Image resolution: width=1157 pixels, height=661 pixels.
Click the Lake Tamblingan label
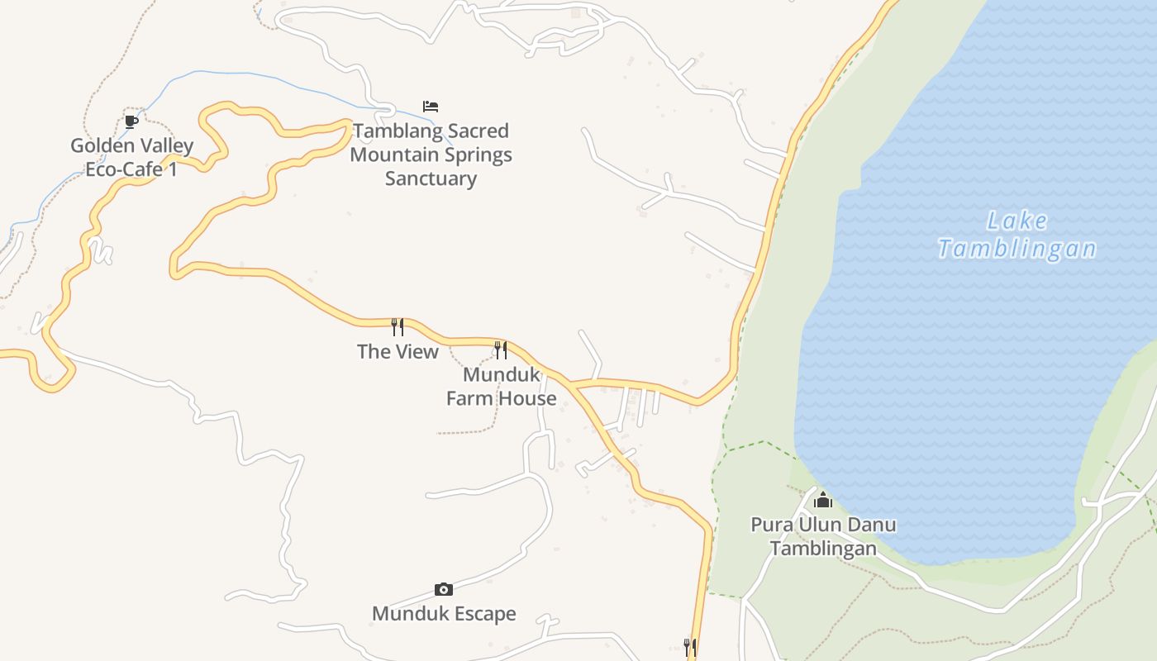pyautogui.click(x=1017, y=235)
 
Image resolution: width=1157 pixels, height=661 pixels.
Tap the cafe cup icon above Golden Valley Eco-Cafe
pyautogui.click(x=131, y=121)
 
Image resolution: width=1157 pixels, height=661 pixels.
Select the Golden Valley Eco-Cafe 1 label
pyautogui.click(x=131, y=158)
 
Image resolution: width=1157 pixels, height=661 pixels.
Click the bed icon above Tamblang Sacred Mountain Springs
pyautogui.click(x=431, y=107)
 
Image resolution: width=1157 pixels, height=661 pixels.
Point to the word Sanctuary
pyautogui.click(x=431, y=178)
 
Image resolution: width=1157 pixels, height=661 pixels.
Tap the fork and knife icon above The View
pyautogui.click(x=398, y=327)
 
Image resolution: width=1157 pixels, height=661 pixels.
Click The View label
pyautogui.click(x=398, y=351)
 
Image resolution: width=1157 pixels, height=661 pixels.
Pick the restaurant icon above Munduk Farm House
pyautogui.click(x=501, y=350)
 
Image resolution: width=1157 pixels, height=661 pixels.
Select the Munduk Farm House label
pyautogui.click(x=501, y=386)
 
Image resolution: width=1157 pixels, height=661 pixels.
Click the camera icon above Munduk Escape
pyautogui.click(x=444, y=589)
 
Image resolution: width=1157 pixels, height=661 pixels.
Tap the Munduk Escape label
pyautogui.click(x=444, y=613)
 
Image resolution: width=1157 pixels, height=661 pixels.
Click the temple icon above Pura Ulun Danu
pyautogui.click(x=822, y=500)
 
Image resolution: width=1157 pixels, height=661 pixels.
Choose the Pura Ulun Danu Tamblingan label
pyautogui.click(x=823, y=536)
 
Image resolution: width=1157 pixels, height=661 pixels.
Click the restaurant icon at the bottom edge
pyautogui.click(x=689, y=647)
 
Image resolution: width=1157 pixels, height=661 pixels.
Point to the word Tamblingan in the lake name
pyautogui.click(x=1017, y=249)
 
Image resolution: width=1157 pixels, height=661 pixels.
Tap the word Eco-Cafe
pyautogui.click(x=125, y=170)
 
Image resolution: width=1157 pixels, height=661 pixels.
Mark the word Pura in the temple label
pyautogui.click(x=769, y=525)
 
